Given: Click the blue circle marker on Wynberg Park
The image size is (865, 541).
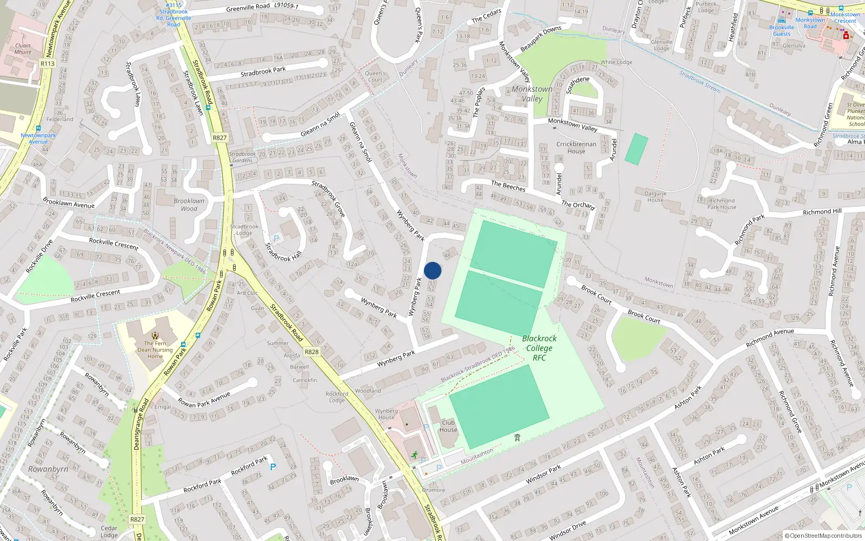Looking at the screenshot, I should pyautogui.click(x=432, y=270).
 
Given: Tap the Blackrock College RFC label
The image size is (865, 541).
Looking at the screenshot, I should pyautogui.click(x=539, y=348).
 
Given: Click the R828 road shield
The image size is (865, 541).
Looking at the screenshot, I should pyautogui.click(x=311, y=352).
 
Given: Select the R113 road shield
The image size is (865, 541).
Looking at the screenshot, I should pyautogui.click(x=48, y=63).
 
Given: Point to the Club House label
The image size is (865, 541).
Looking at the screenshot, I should pyautogui.click(x=448, y=426).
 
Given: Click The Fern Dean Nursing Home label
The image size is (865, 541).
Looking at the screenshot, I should pyautogui.click(x=155, y=349).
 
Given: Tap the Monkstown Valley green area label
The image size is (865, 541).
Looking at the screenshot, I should pyautogui.click(x=532, y=94).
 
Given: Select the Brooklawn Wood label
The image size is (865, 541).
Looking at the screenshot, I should pyautogui.click(x=189, y=204).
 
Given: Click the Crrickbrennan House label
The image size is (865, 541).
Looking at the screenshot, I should pyautogui.click(x=576, y=148).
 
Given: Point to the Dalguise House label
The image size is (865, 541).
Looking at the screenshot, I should pyautogui.click(x=655, y=196).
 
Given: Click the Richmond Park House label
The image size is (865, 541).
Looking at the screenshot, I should pyautogui.click(x=721, y=203).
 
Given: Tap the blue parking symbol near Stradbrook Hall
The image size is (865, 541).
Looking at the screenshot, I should pyautogui.click(x=276, y=239).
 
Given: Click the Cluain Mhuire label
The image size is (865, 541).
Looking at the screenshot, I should pyautogui.click(x=23, y=49).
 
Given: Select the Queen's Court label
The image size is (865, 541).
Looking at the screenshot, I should pyautogui.click(x=375, y=76).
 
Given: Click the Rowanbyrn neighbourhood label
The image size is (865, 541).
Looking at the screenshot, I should pyautogui.click(x=48, y=469).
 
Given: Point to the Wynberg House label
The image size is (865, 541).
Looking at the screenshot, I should pyautogui.click(x=386, y=414).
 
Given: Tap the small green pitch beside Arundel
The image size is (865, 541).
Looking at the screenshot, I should pyautogui.click(x=636, y=149).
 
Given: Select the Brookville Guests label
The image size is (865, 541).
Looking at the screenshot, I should pyautogui.click(x=782, y=30).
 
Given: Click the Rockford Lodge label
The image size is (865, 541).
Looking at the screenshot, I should pyautogui.click(x=336, y=397).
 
